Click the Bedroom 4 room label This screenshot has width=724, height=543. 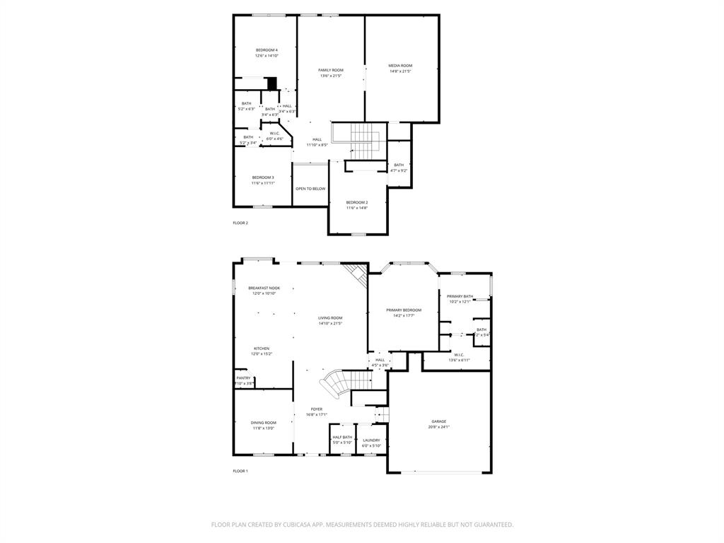pos(267,49)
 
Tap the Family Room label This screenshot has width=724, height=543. pos(330,70)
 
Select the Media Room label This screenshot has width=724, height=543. pos(400,66)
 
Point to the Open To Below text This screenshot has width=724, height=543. pos(310,189)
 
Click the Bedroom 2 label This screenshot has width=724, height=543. pos(357,202)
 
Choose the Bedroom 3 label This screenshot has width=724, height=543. pos(263,177)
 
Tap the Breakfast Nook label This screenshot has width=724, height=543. pos(264,288)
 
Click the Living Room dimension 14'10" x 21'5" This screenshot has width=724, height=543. pos(330,324)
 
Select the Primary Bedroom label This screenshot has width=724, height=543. pos(404,310)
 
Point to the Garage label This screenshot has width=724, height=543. pos(439,421)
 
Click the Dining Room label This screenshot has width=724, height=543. pos(263,422)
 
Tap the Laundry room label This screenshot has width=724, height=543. pos(371,440)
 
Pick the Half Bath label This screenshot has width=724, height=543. pos(342,437)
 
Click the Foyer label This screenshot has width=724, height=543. pos(316,409)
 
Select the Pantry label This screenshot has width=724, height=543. pos(243,378)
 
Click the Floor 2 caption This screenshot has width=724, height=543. pos(240,223)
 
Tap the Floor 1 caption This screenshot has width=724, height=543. pos(240,471)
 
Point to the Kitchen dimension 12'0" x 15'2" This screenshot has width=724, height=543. pos(262,354)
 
